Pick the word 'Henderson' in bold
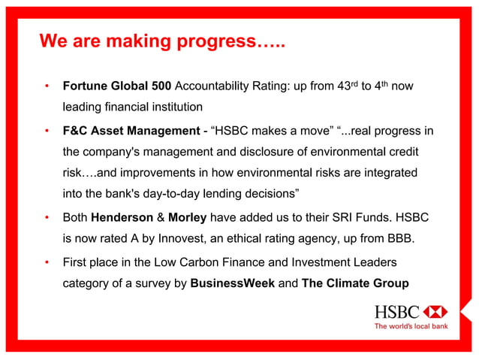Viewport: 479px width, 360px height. click(122, 221)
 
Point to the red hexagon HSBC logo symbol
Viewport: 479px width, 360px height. click(435, 311)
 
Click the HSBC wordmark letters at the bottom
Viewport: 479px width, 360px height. click(398, 311)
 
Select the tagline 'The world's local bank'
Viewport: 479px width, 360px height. click(411, 326)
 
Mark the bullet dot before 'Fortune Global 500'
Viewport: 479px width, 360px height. click(47, 87)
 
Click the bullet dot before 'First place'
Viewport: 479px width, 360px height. click(47, 263)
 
